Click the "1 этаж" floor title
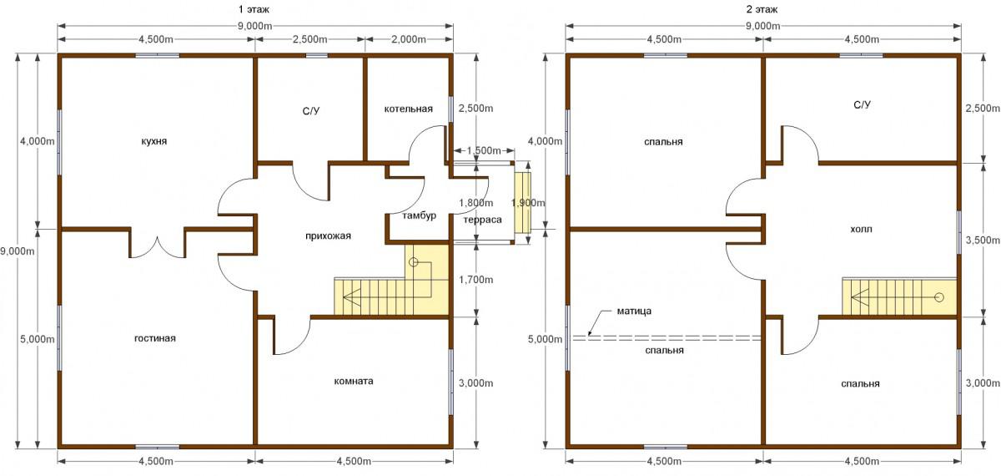(254, 9)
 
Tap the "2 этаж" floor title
(762, 9)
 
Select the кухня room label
(153, 141)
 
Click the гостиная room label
(155, 339)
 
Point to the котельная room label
(409, 109)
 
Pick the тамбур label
(419, 215)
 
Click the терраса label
(483, 220)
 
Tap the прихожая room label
(329, 236)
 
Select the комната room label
(354, 381)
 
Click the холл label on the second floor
(861, 230)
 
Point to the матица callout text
(634, 311)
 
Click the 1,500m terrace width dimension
(484, 151)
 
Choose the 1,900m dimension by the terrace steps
(528, 203)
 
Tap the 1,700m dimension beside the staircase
(476, 280)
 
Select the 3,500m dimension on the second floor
(983, 241)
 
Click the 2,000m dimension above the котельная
(409, 39)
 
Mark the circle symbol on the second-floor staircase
(939, 297)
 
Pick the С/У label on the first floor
(311, 111)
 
